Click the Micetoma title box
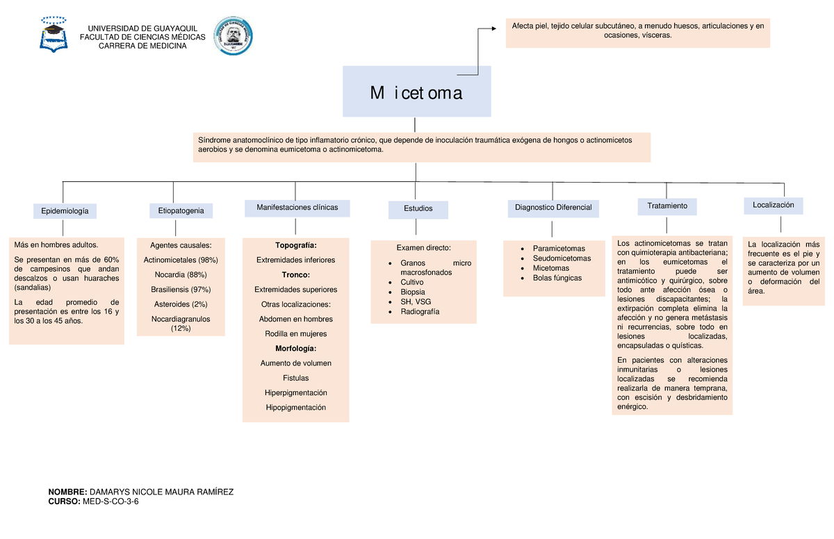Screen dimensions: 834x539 (416, 92)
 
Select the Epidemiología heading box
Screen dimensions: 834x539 (65, 211)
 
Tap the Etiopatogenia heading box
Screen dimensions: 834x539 (181, 210)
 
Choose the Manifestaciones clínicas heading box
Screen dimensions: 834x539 (297, 208)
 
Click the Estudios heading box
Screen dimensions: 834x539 (418, 210)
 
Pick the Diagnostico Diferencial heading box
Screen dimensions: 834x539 (553, 208)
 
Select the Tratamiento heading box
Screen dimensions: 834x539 (667, 207)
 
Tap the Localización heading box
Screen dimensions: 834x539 (774, 206)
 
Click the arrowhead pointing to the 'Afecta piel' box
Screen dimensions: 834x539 (494, 28)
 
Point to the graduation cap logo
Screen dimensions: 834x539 (54, 35)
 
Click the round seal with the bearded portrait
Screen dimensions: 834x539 (233, 35)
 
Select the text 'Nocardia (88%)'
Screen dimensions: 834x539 (181, 274)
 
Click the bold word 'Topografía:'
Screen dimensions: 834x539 (296, 245)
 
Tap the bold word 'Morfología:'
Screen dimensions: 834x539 (295, 349)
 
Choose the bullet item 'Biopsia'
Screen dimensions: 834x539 (413, 292)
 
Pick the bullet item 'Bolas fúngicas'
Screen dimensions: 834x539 (557, 278)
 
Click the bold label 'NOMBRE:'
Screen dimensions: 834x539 (68, 492)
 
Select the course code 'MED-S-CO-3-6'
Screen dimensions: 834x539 (111, 501)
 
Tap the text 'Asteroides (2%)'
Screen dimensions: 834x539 (181, 304)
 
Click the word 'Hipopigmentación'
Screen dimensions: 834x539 (295, 408)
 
